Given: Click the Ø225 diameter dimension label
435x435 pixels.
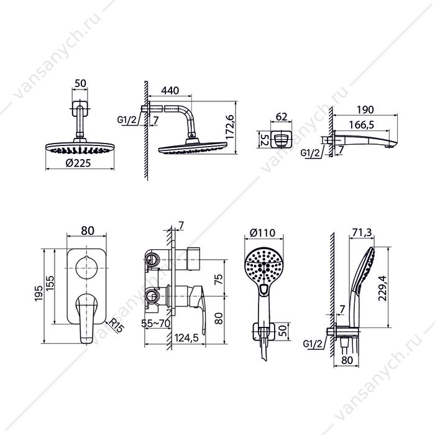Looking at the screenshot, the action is [x=78, y=163].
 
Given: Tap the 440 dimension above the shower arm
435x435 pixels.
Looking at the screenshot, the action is [x=170, y=91].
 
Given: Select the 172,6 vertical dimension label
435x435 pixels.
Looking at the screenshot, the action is [x=230, y=127].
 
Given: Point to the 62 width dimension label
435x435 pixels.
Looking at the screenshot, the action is [x=282, y=117].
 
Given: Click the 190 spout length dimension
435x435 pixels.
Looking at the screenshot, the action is [x=365, y=110].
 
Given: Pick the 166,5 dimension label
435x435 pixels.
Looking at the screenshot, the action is [x=362, y=125].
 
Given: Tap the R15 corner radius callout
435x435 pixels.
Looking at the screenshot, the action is [x=116, y=326].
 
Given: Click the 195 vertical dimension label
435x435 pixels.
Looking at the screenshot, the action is [x=39, y=293].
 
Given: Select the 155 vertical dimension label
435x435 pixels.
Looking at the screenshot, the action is [x=50, y=283].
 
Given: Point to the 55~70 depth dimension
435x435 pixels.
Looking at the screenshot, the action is [x=155, y=324].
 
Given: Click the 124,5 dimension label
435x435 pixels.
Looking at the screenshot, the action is [x=186, y=337].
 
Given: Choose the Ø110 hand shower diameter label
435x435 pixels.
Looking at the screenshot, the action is [x=262, y=232].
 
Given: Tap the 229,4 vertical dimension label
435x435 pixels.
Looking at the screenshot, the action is [x=383, y=288].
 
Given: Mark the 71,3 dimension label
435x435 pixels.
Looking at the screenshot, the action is [x=362, y=232].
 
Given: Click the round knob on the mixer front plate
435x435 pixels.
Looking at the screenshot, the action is [x=87, y=268].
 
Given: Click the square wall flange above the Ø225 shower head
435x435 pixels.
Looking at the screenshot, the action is [x=80, y=109].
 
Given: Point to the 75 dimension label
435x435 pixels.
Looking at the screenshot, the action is [x=219, y=278].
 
